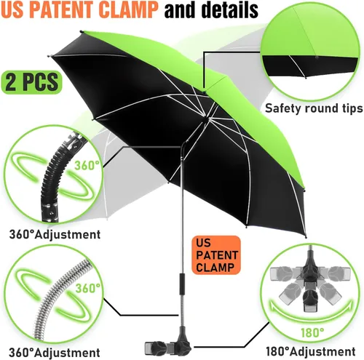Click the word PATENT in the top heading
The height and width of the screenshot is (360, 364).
coord(64,9)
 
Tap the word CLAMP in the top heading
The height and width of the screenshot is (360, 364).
coord(128,9)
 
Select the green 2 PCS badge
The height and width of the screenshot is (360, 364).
coord(31,82)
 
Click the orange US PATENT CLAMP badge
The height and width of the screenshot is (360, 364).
coord(216,255)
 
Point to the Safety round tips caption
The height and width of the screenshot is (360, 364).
coord(314,108)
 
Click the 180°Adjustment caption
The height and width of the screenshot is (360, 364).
coord(311,351)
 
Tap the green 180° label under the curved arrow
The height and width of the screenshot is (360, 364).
coord(312,332)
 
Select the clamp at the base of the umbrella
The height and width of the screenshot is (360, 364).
coord(169,343)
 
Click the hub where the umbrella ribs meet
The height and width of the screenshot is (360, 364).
coord(205,118)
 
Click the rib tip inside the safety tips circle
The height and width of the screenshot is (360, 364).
coord(306,78)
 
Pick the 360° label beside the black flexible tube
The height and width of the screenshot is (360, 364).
coord(87,166)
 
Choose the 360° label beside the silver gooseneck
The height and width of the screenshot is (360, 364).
coord(88,288)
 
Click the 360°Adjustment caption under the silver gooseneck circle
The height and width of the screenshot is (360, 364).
coord(55,352)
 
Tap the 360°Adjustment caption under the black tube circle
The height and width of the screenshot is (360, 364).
coord(55,234)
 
